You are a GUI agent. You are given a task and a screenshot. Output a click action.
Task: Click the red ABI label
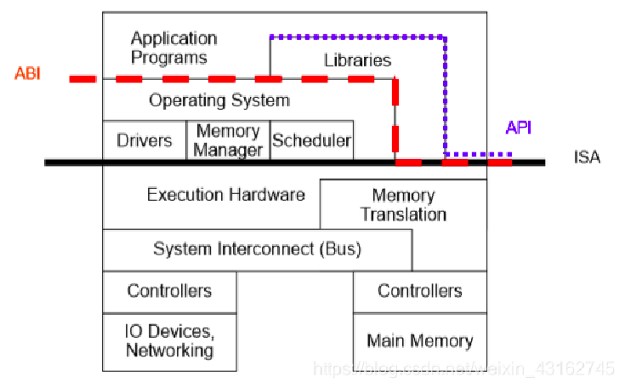[x=27, y=73]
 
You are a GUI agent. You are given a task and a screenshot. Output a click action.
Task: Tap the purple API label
[x=520, y=128]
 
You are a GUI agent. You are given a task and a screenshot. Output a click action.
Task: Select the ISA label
[x=587, y=158]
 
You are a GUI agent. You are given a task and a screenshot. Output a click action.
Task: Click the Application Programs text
[x=173, y=49]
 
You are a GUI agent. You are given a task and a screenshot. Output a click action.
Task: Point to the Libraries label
[x=358, y=60]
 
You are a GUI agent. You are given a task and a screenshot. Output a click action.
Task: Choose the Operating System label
[x=219, y=100]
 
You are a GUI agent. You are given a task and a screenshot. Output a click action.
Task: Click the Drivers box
[x=145, y=140]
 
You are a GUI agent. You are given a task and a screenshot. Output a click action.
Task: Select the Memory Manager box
[x=228, y=140]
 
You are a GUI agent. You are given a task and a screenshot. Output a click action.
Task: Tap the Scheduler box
[x=311, y=141]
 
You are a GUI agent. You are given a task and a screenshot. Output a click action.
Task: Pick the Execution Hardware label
[x=225, y=195]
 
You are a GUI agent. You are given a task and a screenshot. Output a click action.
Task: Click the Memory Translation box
[x=403, y=205]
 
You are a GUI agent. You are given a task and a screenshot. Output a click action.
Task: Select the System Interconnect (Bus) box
[x=257, y=249]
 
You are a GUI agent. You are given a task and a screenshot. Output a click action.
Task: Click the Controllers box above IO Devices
[x=169, y=291]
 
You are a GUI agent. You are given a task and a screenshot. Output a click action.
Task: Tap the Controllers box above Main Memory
[x=420, y=291]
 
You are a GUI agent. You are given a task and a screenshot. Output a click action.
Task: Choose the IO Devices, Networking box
[x=169, y=340]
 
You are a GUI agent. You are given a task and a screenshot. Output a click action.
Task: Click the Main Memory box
[x=420, y=340]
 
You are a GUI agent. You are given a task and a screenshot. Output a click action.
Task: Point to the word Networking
[x=169, y=350]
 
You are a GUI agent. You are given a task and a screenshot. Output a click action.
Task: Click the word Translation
[x=403, y=215]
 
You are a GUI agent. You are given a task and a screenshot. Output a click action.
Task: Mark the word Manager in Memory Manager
[x=228, y=151]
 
